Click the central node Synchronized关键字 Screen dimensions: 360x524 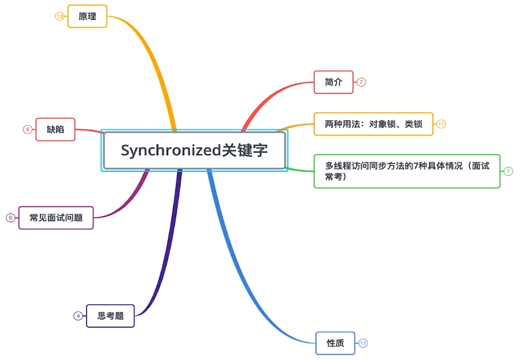coord(194,150)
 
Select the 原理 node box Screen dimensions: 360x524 coord(87,17)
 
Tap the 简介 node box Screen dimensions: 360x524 coord(333,82)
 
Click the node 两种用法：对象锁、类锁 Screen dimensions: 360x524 coord(373,124)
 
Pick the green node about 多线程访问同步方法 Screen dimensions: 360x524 coord(406,171)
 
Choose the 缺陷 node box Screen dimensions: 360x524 coord(55,129)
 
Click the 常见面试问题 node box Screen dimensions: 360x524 coord(56,217)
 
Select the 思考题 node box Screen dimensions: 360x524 coord(110,316)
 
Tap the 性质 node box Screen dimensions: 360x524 coord(335,343)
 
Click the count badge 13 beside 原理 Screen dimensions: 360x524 coord(60,17)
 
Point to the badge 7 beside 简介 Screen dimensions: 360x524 coord(361,82)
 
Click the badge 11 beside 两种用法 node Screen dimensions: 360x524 coord(441,124)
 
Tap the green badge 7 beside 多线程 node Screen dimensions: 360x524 coord(508,171)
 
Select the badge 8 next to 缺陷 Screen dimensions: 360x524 coord(27,129)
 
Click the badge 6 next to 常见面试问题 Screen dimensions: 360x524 coord(10,217)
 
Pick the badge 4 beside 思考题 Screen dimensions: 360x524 coord(78,316)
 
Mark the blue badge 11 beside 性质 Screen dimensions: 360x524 coord(363,343)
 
